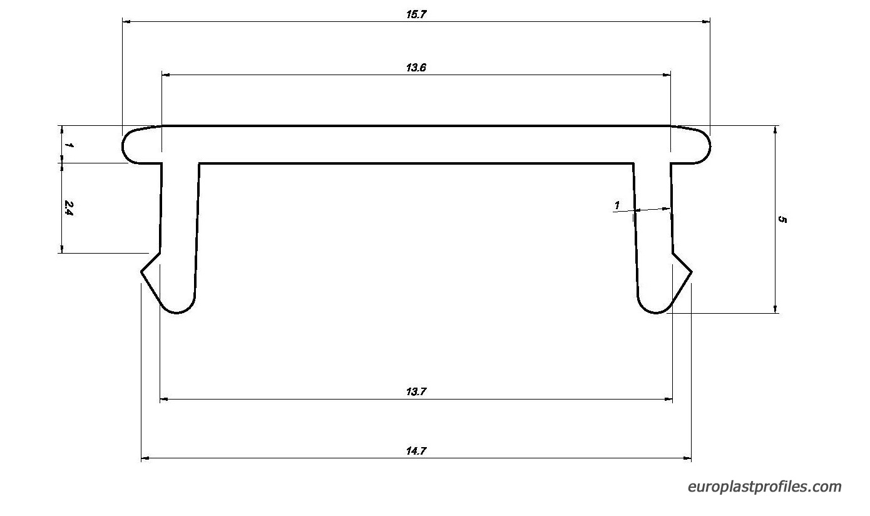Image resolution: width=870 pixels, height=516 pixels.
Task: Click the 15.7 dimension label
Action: (416, 14)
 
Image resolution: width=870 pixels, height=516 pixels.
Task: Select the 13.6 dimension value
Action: (416, 68)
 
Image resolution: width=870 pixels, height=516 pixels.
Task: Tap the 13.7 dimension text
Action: (416, 391)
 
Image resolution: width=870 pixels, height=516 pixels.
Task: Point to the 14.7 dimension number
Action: (416, 451)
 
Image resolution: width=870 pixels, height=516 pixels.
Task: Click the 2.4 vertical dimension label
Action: (68, 208)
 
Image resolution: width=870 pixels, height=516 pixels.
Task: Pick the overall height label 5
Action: (782, 220)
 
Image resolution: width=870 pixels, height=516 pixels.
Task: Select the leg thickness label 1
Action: (617, 205)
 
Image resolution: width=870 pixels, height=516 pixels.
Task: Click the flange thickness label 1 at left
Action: (69, 145)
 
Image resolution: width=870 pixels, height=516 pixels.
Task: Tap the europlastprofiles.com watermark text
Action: (764, 487)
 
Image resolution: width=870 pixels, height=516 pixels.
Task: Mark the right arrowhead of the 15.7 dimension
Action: (706, 22)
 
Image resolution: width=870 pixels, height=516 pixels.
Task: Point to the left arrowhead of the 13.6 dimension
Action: (166, 75)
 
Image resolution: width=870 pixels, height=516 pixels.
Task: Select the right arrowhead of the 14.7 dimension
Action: (687, 458)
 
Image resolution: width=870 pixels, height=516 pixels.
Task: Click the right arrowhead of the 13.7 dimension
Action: (668, 399)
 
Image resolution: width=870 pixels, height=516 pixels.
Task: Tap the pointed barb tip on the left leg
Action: (141, 272)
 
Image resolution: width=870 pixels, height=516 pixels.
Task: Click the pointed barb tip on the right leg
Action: (692, 272)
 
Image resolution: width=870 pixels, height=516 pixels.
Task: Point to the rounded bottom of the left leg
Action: (178, 312)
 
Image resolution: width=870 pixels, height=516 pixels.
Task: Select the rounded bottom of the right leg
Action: (656, 312)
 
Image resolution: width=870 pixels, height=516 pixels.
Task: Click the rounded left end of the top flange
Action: (123, 147)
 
